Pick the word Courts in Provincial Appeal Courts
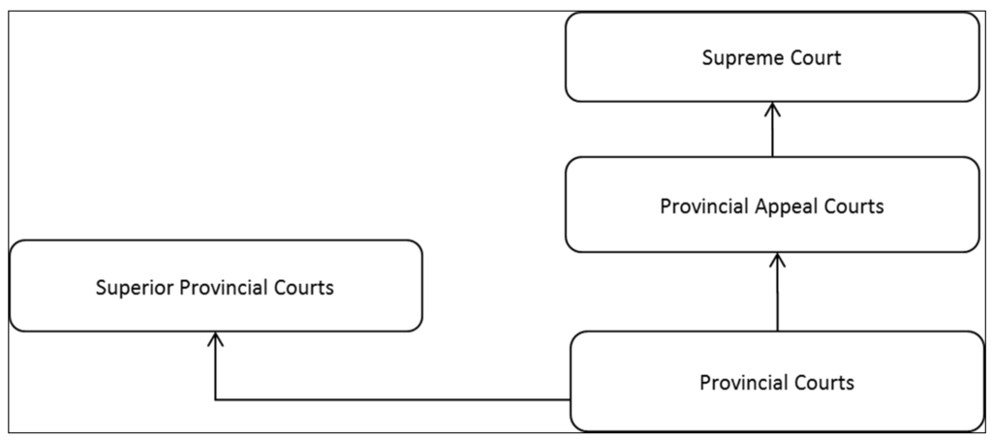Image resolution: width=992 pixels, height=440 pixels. click(852, 206)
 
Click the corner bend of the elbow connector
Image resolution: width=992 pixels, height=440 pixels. click(215, 399)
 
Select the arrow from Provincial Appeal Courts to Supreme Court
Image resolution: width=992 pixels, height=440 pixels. click(772, 131)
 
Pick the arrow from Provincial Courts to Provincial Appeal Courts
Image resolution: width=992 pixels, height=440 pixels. click(777, 296)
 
